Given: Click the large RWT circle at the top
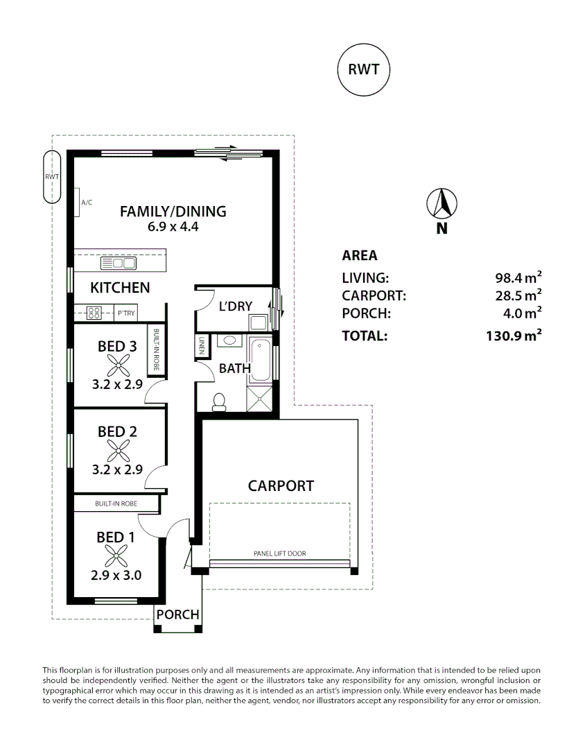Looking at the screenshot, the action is pyautogui.click(x=363, y=70).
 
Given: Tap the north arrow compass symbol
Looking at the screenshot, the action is pyautogui.click(x=442, y=204).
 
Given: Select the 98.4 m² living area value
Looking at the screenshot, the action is pyautogui.click(x=518, y=277).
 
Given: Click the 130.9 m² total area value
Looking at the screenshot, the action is pyautogui.click(x=514, y=336).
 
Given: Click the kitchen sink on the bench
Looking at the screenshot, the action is pyautogui.click(x=119, y=263).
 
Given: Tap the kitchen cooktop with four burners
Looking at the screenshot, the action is pyautogui.click(x=94, y=313).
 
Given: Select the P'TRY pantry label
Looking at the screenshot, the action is pyautogui.click(x=127, y=313).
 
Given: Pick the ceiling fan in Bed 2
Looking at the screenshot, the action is pyautogui.click(x=118, y=451).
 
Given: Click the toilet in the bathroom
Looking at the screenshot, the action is pyautogui.click(x=219, y=402).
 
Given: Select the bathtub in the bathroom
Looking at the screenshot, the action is pyautogui.click(x=260, y=360).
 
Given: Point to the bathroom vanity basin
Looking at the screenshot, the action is pyautogui.click(x=229, y=341).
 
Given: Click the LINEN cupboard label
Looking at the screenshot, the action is pyautogui.click(x=202, y=345).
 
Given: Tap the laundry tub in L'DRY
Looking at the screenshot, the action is pyautogui.click(x=259, y=323).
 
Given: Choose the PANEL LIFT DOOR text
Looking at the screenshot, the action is pyautogui.click(x=280, y=553).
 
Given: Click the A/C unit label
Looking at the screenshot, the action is pyautogui.click(x=87, y=203).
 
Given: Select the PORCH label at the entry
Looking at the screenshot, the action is pyautogui.click(x=177, y=614).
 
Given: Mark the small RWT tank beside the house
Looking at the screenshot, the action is pyautogui.click(x=52, y=178).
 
